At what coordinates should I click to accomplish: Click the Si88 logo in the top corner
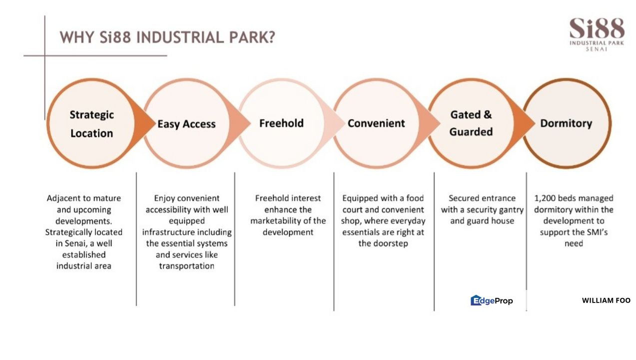click(x=597, y=34)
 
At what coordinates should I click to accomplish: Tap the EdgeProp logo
click(x=492, y=300)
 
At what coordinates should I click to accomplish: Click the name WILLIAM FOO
click(x=606, y=300)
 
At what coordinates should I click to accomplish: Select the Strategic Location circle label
click(x=91, y=124)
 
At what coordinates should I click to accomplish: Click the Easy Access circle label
click(x=186, y=124)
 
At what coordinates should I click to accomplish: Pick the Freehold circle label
click(x=281, y=123)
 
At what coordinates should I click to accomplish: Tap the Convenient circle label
click(x=376, y=123)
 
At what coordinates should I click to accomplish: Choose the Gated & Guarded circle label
click(x=471, y=123)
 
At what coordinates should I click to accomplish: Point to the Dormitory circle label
click(x=566, y=123)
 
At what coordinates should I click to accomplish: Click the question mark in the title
click(x=271, y=37)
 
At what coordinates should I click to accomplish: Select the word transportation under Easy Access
click(x=186, y=266)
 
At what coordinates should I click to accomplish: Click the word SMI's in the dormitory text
click(x=596, y=232)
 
